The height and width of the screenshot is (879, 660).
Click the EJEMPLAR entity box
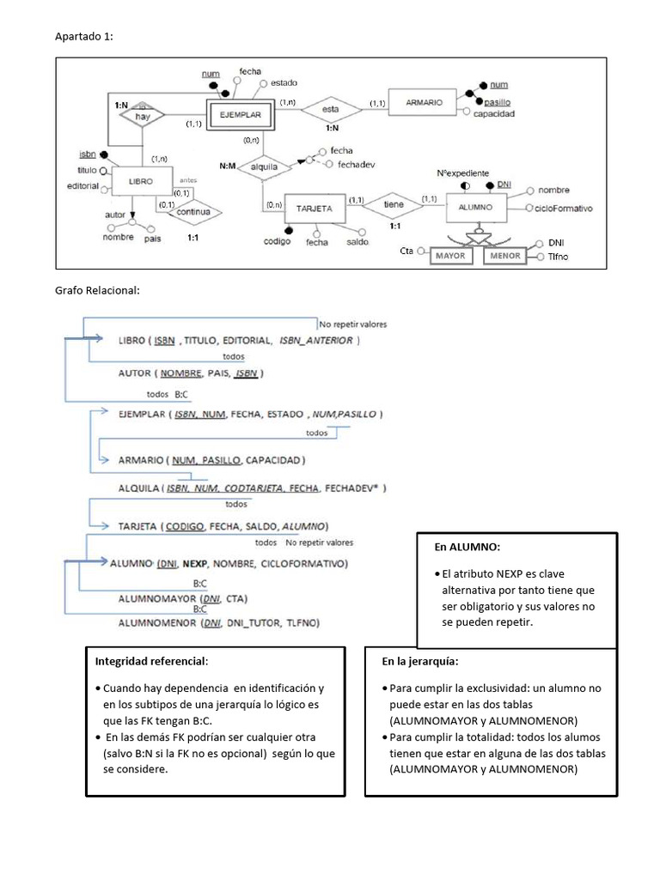[240, 114]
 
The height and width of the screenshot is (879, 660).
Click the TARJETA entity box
[315, 209]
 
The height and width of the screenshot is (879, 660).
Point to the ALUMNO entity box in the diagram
[475, 208]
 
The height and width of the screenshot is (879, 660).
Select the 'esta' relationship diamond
[330, 108]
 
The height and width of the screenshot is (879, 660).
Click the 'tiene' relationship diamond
[394, 203]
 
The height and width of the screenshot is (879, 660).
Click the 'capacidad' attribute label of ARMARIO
[493, 112]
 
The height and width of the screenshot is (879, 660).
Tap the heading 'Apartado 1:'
[83, 36]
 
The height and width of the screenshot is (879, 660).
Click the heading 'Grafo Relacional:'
[96, 290]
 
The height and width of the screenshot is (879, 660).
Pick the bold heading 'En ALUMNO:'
[467, 547]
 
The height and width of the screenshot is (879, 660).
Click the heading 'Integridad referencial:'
[150, 662]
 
